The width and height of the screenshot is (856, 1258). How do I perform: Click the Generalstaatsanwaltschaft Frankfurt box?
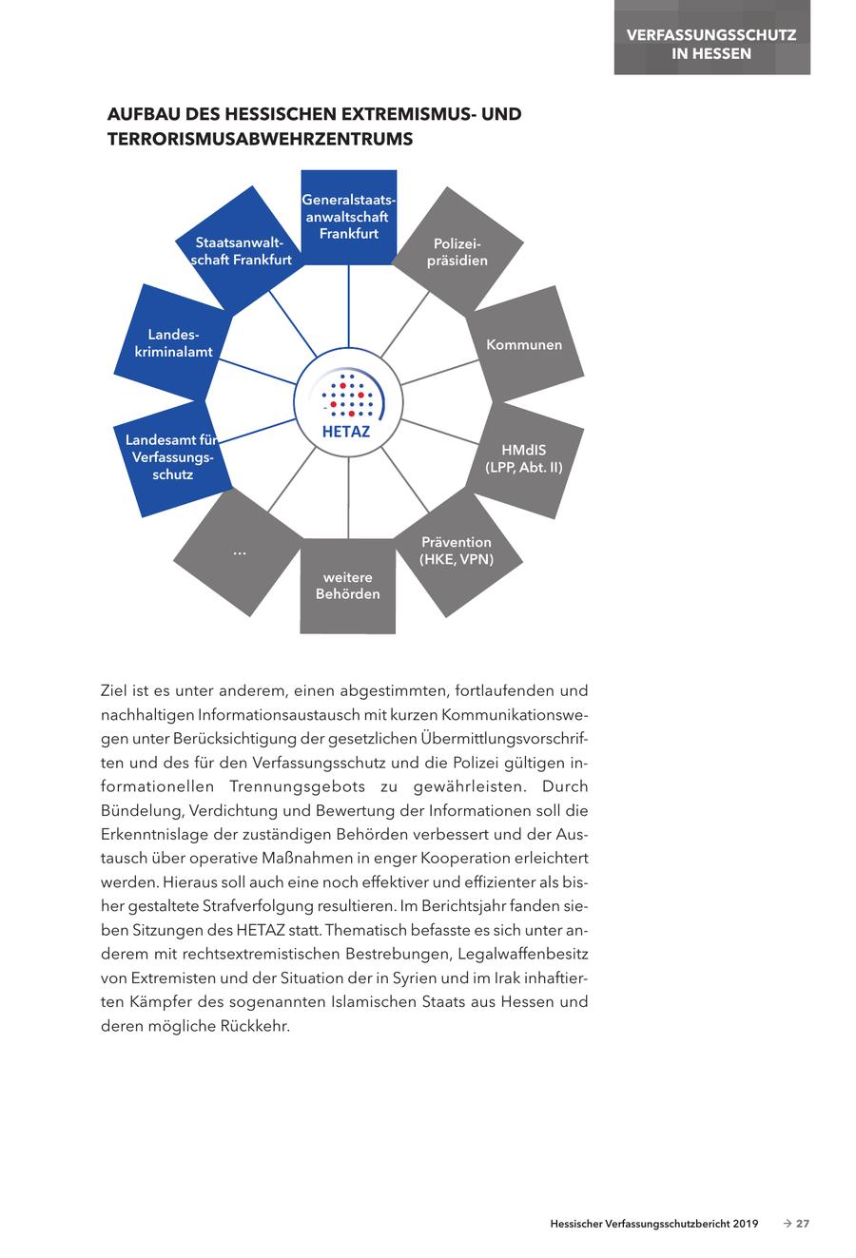pyautogui.click(x=348, y=217)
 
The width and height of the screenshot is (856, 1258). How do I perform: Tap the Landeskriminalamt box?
pyautogui.click(x=180, y=343)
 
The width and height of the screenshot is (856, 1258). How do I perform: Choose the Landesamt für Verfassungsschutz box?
pyautogui.click(x=172, y=456)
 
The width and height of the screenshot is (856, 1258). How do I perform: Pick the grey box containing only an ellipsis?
pyautogui.click(x=239, y=552)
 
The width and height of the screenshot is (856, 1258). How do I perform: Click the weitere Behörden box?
pyautogui.click(x=348, y=586)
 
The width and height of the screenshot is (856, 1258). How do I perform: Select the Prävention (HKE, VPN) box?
pyautogui.click(x=457, y=551)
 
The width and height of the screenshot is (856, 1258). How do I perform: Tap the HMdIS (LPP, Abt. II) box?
pyautogui.click(x=524, y=458)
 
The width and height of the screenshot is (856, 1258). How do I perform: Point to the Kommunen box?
pyautogui.click(x=524, y=344)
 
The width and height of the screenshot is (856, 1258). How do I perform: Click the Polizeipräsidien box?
pyautogui.click(x=457, y=252)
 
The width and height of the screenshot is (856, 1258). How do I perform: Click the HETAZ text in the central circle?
pyautogui.click(x=348, y=431)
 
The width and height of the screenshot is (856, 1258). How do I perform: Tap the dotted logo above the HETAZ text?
pyautogui.click(x=347, y=395)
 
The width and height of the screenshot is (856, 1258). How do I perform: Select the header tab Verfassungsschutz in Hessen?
pyautogui.click(x=711, y=44)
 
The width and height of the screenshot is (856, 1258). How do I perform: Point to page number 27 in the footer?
pyautogui.click(x=803, y=1224)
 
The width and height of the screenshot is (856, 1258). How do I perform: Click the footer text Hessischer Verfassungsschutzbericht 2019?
pyautogui.click(x=653, y=1224)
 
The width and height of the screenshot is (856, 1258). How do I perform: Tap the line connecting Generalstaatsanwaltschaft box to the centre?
pyautogui.click(x=348, y=309)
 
